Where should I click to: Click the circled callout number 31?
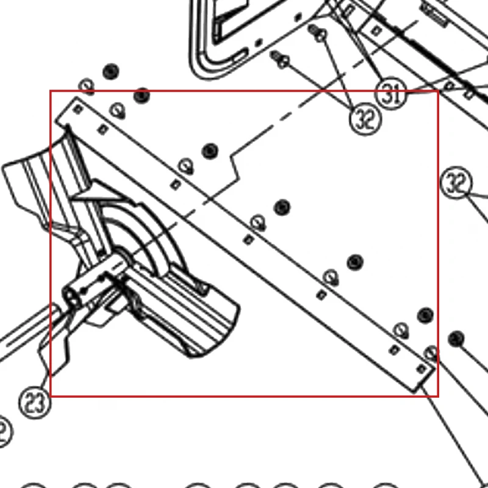click(391, 93)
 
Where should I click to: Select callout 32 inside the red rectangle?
click(365, 118)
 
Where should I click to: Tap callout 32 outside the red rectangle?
click(456, 182)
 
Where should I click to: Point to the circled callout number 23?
click(35, 403)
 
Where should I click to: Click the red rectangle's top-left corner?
click(51, 91)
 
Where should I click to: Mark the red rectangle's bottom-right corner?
click(438, 396)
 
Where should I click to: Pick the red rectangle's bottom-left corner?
click(51, 396)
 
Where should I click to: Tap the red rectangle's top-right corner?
click(438, 91)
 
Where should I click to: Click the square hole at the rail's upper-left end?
click(78, 109)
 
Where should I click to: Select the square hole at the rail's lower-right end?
click(422, 369)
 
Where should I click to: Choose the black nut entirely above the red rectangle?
click(111, 71)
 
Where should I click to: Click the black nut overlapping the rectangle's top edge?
click(142, 96)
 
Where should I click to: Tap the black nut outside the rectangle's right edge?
click(456, 339)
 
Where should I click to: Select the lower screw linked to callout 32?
click(280, 60)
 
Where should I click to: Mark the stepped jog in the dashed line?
click(234, 168)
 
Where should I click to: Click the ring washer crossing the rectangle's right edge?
click(431, 353)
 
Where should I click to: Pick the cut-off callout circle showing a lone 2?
click(4, 432)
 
